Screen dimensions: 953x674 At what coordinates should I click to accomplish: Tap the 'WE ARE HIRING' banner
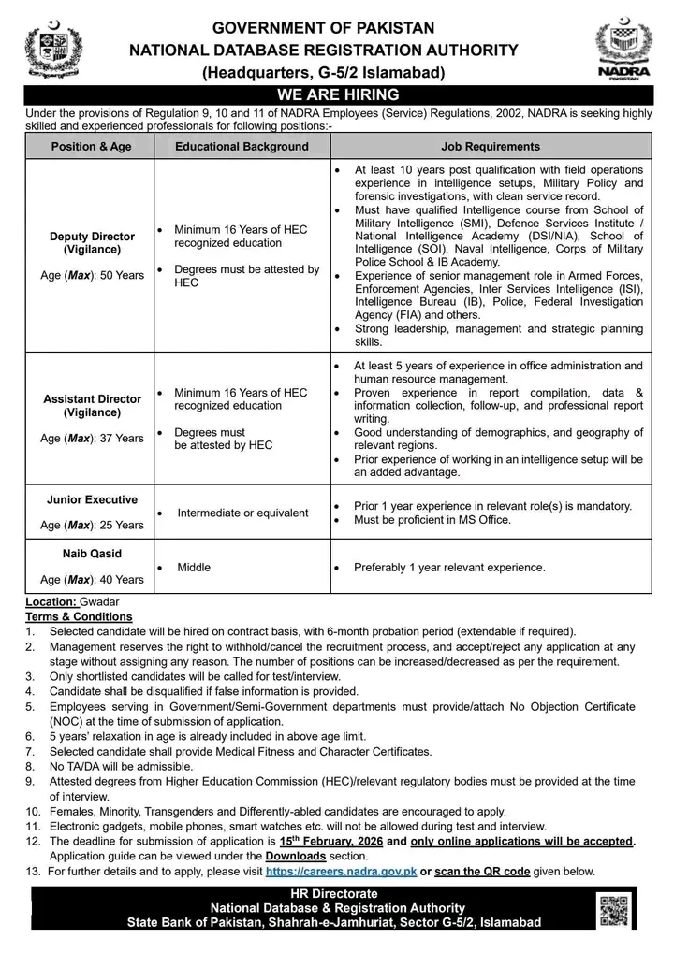pos(337,94)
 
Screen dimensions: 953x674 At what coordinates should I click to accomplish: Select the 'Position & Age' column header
pos(92,147)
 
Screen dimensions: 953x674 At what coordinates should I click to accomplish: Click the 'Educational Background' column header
pos(242,147)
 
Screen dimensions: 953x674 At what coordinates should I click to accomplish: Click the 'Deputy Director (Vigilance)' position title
pos(92,243)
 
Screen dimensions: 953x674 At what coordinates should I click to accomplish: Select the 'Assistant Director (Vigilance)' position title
pos(92,405)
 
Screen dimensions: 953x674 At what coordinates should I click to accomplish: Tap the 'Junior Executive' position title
pos(92,500)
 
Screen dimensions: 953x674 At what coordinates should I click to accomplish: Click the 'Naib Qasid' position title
pos(92,554)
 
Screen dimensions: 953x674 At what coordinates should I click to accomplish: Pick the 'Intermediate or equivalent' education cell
pos(242,513)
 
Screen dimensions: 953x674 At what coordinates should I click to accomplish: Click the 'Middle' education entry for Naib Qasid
pos(194,567)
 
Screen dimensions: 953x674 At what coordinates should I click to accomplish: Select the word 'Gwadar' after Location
pos(100,603)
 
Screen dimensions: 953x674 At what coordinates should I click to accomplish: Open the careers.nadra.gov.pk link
pos(340,872)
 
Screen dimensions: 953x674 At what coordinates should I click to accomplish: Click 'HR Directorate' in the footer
pos(337,894)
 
